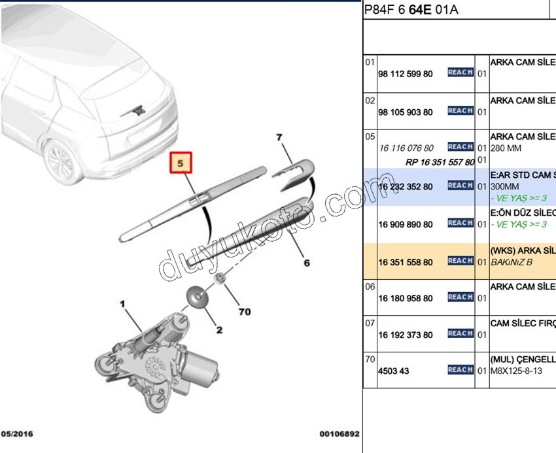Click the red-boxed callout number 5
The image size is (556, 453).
click(182, 162)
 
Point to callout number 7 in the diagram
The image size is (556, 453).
click(279, 138)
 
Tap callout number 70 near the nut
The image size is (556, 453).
click(244, 312)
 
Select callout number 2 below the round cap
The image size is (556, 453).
click(219, 330)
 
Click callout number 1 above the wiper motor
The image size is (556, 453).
click(122, 304)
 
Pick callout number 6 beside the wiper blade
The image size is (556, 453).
click(305, 263)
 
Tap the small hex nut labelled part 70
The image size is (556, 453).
click(221, 279)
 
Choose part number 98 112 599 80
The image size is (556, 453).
click(405, 74)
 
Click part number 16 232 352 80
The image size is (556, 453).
click(405, 187)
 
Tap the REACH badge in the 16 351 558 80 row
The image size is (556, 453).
click(460, 261)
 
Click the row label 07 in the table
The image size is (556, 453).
click(370, 323)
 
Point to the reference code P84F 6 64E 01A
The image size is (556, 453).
click(411, 9)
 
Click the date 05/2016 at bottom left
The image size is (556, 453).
click(17, 434)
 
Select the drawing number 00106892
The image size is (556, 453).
click(339, 434)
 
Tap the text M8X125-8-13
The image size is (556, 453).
click(516, 371)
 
